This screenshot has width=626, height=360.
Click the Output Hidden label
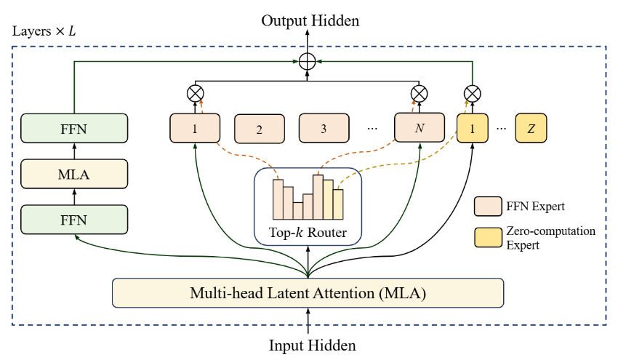coord(310,20)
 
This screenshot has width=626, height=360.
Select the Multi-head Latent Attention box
coord(308,293)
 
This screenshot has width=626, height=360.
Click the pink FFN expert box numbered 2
coord(259,129)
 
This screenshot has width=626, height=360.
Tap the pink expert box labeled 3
coord(324,128)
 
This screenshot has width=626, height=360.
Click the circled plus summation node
coord(308,62)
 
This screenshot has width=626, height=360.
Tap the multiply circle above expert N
coord(419,93)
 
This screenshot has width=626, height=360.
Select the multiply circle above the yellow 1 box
coord(473,93)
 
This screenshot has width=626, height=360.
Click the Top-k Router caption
coord(308,233)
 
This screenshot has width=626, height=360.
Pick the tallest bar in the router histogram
coord(318,196)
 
